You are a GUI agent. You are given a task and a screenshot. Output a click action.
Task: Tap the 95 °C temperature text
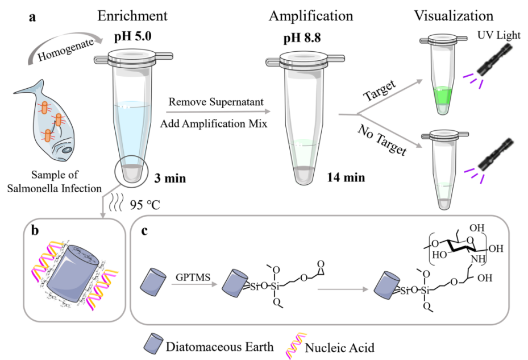pyautogui.click(x=144, y=205)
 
